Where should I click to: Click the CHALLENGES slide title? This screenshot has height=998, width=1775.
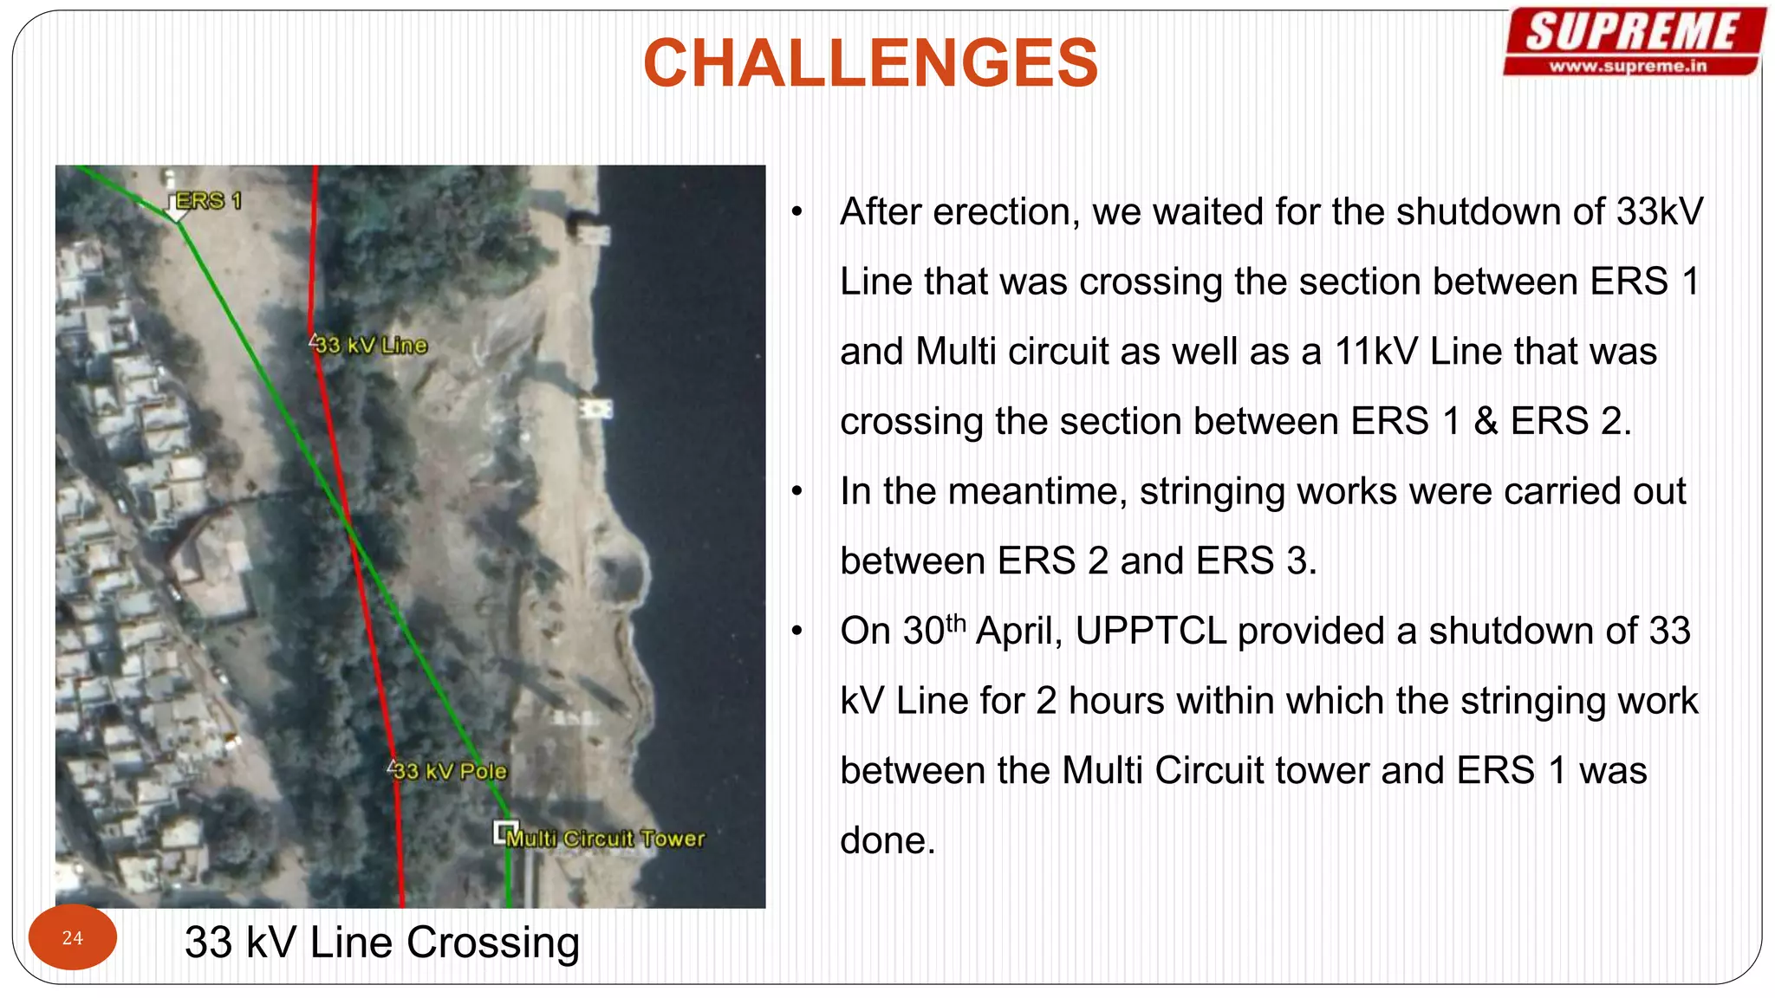click(870, 63)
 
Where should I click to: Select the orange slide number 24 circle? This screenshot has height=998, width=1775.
click(73, 937)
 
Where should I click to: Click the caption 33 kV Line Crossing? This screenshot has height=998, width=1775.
click(381, 943)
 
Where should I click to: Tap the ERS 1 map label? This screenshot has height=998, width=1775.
click(208, 201)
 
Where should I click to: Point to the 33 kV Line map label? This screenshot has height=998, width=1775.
click(371, 345)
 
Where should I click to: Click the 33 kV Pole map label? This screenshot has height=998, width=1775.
click(450, 770)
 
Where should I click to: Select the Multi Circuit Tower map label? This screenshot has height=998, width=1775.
click(606, 838)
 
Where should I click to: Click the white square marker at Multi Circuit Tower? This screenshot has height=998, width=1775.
click(504, 832)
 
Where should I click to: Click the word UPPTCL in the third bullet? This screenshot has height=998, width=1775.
click(1150, 631)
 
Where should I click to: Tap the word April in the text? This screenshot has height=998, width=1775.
click(1018, 631)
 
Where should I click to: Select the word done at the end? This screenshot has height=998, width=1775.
click(887, 840)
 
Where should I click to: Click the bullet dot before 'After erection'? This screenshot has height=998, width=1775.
click(797, 212)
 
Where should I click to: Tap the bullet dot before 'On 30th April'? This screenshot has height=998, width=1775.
click(797, 632)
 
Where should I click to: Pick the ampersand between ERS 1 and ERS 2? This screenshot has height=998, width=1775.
click(1486, 422)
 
